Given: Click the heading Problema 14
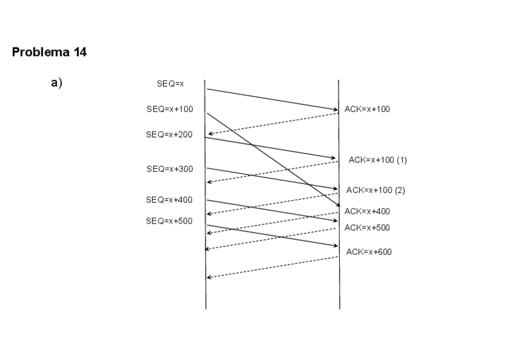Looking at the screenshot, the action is (x=49, y=52).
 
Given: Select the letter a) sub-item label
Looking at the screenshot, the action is (x=57, y=83).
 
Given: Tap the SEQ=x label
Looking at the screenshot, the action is (x=170, y=84).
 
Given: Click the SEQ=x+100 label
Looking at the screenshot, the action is (x=170, y=109).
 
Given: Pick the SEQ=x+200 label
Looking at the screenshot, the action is (x=170, y=135).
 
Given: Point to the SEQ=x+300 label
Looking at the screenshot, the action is (x=170, y=169).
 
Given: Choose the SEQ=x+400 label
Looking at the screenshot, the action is (x=170, y=200).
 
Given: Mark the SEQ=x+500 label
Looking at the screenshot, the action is (x=170, y=221).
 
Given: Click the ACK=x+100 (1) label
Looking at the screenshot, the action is (x=378, y=160).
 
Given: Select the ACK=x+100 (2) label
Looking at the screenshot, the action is (x=376, y=190).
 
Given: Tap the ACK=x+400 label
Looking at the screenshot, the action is (x=367, y=211).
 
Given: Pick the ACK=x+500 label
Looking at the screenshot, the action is (x=367, y=228).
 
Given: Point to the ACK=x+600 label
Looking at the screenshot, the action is (x=369, y=252).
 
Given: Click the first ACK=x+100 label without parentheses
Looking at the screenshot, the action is (x=367, y=109).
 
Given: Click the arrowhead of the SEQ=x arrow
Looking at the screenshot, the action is (x=336, y=110).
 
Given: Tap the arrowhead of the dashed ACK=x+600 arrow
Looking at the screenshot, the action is (x=209, y=277).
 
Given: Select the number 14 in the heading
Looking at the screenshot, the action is (x=80, y=52).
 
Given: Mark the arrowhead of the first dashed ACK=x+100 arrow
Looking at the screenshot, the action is (x=210, y=135).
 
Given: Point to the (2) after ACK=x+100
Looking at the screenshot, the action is (x=400, y=190).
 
